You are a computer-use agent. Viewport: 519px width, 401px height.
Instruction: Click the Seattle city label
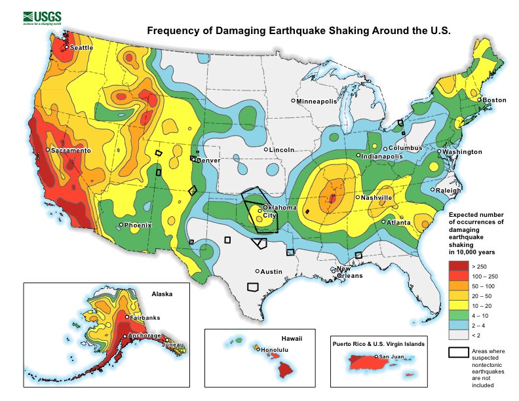[81, 48]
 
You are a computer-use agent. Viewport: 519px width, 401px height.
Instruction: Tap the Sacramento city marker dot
[48, 150]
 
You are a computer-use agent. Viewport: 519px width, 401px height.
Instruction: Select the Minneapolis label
[317, 102]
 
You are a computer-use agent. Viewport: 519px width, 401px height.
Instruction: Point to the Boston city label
[495, 100]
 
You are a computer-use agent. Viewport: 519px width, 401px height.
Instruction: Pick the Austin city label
[271, 271]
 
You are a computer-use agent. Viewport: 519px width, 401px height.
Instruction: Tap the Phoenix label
[138, 225]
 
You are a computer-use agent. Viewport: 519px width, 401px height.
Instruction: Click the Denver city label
[208, 160]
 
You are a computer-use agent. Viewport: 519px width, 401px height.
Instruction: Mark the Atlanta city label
[398, 223]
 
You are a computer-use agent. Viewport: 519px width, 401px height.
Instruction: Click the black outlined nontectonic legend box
[458, 353]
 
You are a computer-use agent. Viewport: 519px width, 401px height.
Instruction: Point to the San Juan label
[392, 357]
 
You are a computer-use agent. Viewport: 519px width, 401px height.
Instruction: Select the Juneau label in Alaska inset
[172, 345]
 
